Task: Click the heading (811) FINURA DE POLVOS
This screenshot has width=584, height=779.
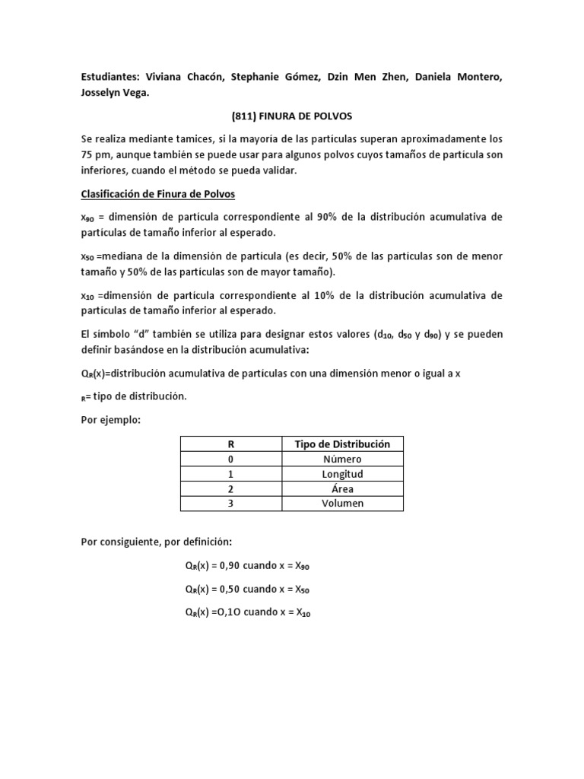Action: point(291,116)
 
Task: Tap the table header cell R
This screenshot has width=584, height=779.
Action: point(231,444)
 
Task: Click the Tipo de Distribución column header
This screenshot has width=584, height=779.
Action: point(343,444)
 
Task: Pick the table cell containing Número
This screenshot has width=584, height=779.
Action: point(343,459)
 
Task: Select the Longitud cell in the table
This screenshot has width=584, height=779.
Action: point(343,473)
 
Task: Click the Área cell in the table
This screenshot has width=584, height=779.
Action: point(343,488)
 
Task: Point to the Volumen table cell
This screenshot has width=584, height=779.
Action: point(343,503)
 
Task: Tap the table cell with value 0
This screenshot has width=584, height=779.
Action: point(231,459)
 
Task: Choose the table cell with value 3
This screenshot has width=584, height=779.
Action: point(231,503)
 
